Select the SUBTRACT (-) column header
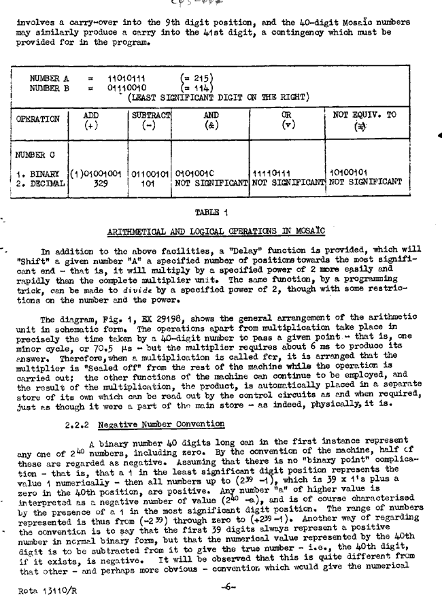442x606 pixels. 150,120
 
